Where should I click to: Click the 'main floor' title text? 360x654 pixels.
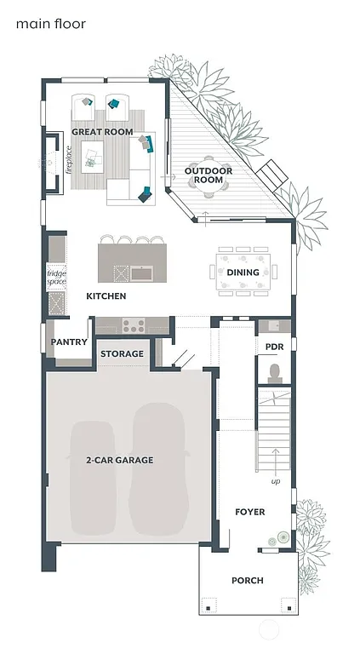[x=51, y=25]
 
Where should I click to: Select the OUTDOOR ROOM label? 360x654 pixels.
[x=204, y=175]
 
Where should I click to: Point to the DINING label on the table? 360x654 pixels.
[x=243, y=272]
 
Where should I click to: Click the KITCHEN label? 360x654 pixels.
[x=106, y=296]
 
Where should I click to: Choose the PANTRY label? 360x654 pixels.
[x=67, y=341]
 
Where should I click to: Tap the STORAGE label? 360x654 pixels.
[x=122, y=353]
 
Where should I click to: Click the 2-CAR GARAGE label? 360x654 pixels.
[x=119, y=460]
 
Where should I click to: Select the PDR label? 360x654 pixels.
[x=274, y=347]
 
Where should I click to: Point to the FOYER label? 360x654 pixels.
[x=250, y=512]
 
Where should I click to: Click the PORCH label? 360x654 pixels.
[x=248, y=581]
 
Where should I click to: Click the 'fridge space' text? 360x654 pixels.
[x=56, y=277]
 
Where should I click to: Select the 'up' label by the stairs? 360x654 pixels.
[x=275, y=481]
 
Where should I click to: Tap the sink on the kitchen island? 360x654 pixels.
[x=141, y=272]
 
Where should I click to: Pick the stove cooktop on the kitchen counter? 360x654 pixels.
[x=134, y=324]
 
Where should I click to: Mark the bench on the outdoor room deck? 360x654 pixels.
[x=272, y=174]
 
